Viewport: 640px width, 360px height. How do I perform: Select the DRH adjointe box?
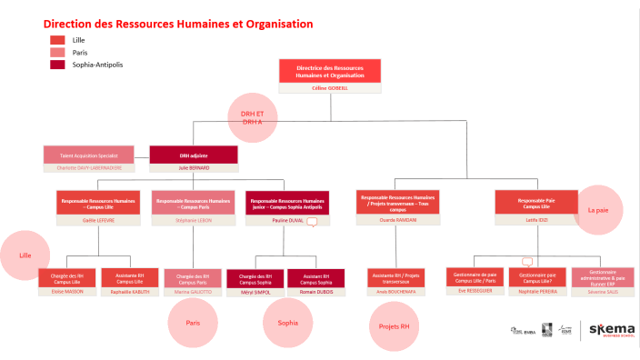tap(193, 155)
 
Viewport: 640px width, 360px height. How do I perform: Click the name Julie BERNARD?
tap(193, 168)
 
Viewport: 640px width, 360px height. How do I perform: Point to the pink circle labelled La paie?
tap(597, 209)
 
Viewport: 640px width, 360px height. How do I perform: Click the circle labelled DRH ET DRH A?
tap(252, 116)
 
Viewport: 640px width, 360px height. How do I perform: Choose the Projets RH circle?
tap(393, 325)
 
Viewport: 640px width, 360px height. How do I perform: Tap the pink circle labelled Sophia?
tap(287, 323)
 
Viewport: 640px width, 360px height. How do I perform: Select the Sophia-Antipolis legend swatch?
tap(57, 65)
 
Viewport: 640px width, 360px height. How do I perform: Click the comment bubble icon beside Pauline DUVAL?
tap(313, 221)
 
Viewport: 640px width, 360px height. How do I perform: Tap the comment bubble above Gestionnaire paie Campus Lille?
tap(526, 262)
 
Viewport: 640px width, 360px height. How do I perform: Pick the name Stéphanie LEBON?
tap(192, 220)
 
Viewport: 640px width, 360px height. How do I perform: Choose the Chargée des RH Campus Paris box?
tap(193, 278)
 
